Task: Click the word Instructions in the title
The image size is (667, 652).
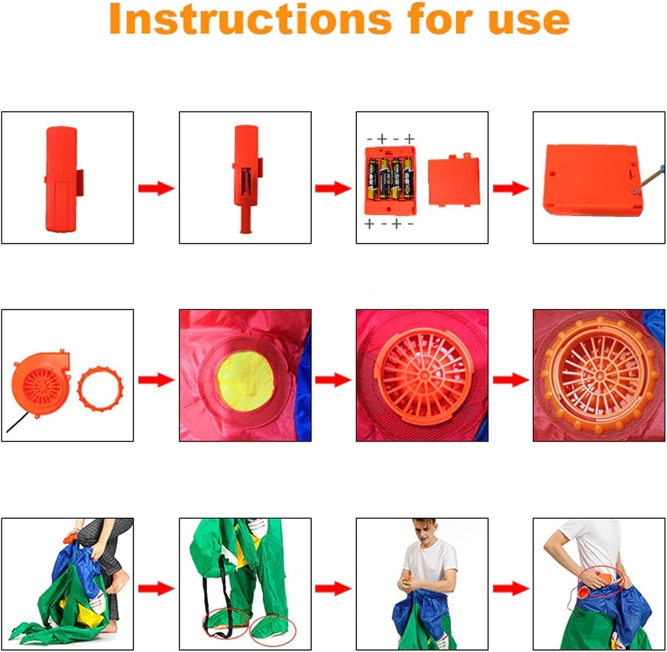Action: (x=250, y=19)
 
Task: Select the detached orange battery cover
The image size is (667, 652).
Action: (x=454, y=181)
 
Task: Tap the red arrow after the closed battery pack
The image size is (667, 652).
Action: (x=157, y=188)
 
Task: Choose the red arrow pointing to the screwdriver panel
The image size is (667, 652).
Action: (x=511, y=188)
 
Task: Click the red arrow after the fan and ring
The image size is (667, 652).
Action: (x=157, y=380)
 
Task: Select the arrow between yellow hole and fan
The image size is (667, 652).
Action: (x=333, y=380)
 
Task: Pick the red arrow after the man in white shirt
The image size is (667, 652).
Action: (x=511, y=588)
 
